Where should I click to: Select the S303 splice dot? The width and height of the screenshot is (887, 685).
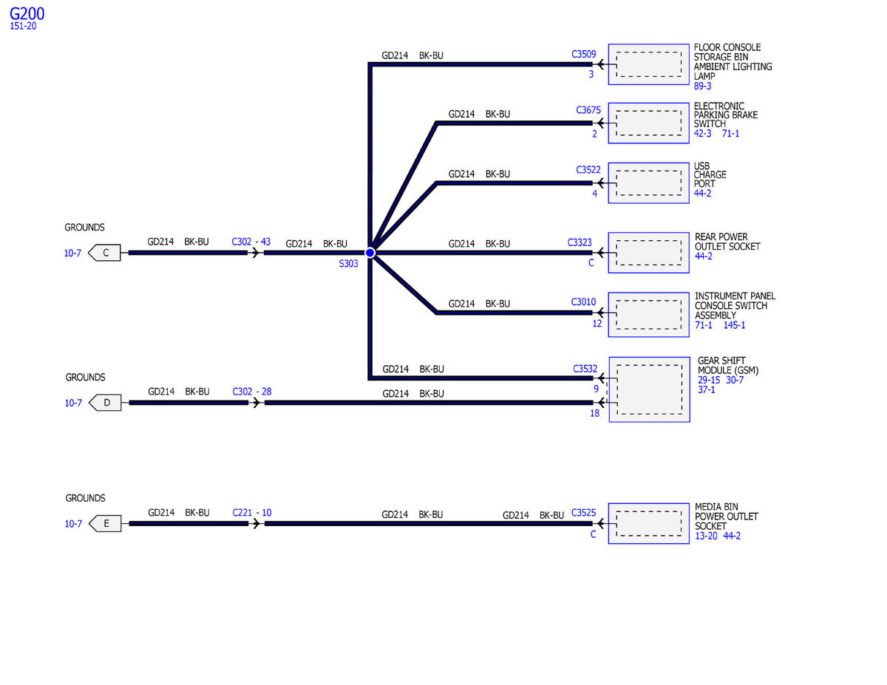click(370, 253)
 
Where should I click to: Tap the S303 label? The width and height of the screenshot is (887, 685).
click(349, 264)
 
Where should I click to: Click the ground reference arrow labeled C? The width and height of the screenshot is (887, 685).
click(105, 253)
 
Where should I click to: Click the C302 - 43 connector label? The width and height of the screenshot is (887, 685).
click(251, 242)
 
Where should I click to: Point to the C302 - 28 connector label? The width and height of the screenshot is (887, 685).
click(251, 392)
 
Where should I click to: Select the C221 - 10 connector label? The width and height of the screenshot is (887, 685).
click(251, 513)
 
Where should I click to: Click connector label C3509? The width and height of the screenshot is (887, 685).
click(584, 54)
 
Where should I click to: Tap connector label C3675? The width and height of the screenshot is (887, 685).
click(588, 110)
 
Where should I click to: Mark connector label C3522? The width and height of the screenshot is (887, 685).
click(588, 170)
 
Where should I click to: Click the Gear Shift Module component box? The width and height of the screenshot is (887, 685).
click(649, 389)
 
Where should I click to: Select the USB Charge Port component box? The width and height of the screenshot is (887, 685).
click(649, 183)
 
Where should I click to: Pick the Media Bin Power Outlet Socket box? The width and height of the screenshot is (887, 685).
click(649, 524)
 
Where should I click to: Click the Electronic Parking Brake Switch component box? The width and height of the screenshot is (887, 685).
click(649, 123)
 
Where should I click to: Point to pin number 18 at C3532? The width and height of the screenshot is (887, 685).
click(594, 413)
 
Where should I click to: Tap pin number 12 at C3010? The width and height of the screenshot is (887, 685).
click(597, 323)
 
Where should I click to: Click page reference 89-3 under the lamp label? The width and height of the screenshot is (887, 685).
click(702, 86)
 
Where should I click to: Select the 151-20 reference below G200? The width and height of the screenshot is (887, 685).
click(23, 27)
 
